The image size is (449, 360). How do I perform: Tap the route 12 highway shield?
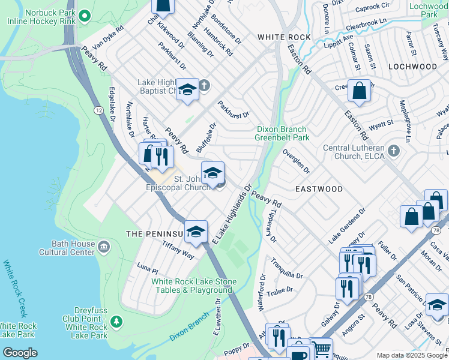tap(98, 110)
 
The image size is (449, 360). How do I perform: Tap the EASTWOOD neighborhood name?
tap(319, 189)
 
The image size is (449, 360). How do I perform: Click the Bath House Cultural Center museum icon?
tap(104, 247)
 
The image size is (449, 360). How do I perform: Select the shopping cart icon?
tap(322, 348)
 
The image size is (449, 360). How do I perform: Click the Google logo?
tap(19, 353)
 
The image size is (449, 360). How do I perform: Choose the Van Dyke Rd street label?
tap(103, 37)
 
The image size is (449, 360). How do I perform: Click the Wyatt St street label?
tap(382, 124)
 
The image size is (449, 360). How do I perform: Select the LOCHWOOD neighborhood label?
tap(412, 66)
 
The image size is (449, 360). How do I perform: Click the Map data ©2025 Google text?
tap(411, 355)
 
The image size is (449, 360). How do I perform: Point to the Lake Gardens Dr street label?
tap(347, 227)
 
